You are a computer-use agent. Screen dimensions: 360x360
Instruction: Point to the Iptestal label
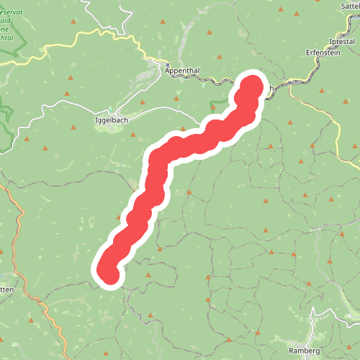click(341, 41)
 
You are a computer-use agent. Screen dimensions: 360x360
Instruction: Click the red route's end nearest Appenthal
click(253, 85)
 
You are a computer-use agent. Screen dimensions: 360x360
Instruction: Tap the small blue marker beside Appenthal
click(166, 63)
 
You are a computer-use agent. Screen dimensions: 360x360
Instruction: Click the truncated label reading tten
click(6, 289)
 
